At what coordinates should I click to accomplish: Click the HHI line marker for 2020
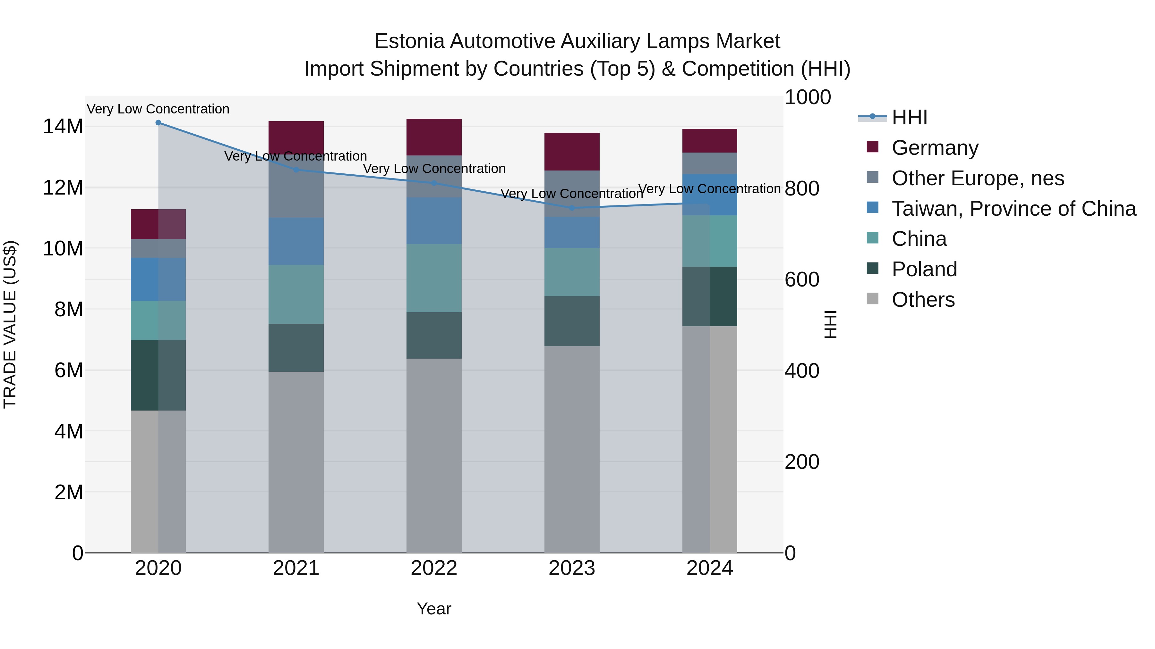coord(158,123)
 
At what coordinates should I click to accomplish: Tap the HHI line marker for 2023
coord(572,208)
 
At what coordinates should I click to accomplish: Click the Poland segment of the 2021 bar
coord(296,347)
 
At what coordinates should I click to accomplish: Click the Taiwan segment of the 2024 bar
coord(710,195)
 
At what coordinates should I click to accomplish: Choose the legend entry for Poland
coord(924,269)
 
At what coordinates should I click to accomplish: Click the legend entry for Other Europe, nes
coord(978,178)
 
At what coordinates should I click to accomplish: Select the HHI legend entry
coord(909,117)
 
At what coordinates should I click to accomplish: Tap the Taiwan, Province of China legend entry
coord(1013,209)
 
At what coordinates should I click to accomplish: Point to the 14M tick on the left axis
coord(63,127)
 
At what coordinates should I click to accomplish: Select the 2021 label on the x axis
coord(296,568)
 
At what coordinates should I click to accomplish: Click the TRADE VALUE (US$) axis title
coord(10,324)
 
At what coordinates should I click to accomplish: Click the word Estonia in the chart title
coord(409,41)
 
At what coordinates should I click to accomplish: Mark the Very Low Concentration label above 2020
coord(158,109)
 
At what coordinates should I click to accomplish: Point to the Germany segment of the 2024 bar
coord(710,141)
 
